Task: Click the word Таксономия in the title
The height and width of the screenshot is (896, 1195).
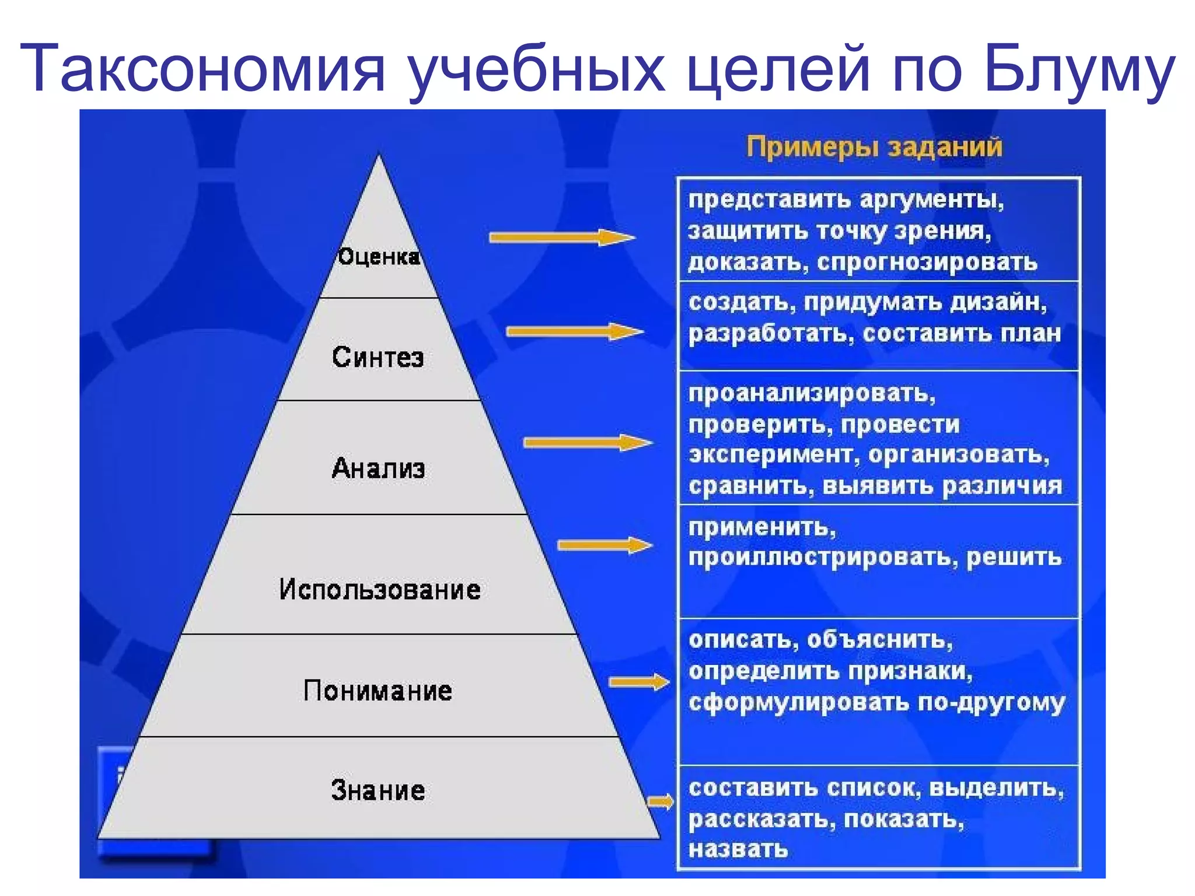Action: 203,69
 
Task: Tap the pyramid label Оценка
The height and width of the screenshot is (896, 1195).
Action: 379,257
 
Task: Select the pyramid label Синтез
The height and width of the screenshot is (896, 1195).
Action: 378,357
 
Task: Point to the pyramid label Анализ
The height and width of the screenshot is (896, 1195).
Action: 378,468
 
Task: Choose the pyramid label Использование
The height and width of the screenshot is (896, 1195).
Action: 380,590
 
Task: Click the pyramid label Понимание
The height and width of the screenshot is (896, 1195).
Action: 378,691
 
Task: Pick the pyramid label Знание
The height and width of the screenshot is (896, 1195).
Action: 378,790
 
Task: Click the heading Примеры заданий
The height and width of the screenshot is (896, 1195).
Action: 874,146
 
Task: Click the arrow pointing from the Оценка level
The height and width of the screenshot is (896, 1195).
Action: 561,237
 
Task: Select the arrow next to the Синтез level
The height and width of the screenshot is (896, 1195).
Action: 575,332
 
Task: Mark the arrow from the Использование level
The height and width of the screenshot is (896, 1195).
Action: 605,545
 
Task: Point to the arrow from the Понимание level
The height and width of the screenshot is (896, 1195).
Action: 639,682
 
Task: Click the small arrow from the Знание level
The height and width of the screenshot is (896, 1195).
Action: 661,802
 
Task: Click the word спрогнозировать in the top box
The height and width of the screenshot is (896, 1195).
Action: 927,263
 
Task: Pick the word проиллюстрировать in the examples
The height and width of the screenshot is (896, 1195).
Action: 823,558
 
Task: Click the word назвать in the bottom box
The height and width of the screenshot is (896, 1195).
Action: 738,849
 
